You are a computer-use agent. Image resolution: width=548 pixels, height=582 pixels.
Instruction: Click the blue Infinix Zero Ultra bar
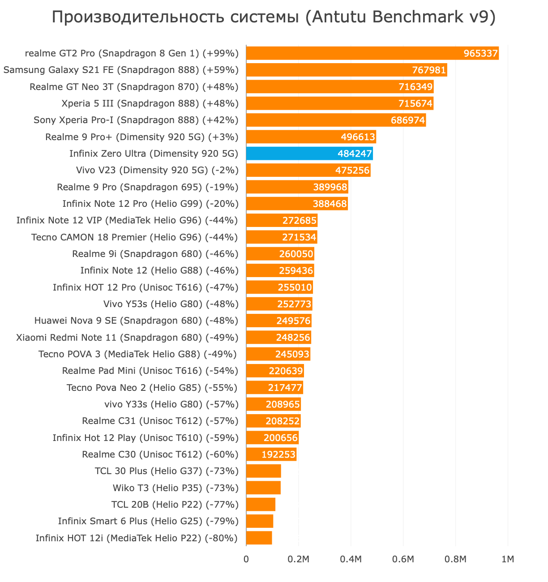pyautogui.click(x=309, y=154)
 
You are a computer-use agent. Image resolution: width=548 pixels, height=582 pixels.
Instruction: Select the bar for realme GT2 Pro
pyautogui.click(x=372, y=53)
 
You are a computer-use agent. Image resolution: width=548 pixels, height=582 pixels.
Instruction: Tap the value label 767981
pyautogui.click(x=429, y=70)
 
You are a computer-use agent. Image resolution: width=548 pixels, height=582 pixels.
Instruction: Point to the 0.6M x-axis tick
pyautogui.click(x=403, y=560)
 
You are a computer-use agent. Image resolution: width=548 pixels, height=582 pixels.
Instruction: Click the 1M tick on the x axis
pyautogui.click(x=508, y=560)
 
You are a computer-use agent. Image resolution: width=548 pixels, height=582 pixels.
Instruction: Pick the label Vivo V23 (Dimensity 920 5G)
pyautogui.click(x=157, y=170)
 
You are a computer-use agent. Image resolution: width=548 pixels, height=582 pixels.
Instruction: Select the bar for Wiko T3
pyautogui.click(x=263, y=488)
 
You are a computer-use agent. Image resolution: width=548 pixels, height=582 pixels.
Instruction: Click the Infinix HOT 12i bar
pyautogui.click(x=259, y=538)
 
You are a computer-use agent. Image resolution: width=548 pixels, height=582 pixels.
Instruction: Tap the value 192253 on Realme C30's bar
pyautogui.click(x=278, y=455)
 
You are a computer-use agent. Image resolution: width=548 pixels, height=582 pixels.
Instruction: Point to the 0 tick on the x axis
pyautogui.click(x=246, y=560)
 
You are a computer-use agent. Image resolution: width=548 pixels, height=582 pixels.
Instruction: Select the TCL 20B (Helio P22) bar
pyautogui.click(x=261, y=505)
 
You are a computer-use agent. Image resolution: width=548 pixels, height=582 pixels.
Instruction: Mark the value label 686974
pyautogui.click(x=408, y=120)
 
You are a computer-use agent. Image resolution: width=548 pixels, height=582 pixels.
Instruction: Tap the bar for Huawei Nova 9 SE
pyautogui.click(x=278, y=321)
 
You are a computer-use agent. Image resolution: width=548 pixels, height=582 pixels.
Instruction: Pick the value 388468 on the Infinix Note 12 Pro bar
pyautogui.click(x=330, y=204)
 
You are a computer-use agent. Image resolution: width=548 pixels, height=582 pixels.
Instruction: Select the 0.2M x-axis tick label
pyautogui.click(x=298, y=560)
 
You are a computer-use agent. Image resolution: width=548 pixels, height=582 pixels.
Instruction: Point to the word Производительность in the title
pyautogui.click(x=127, y=17)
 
